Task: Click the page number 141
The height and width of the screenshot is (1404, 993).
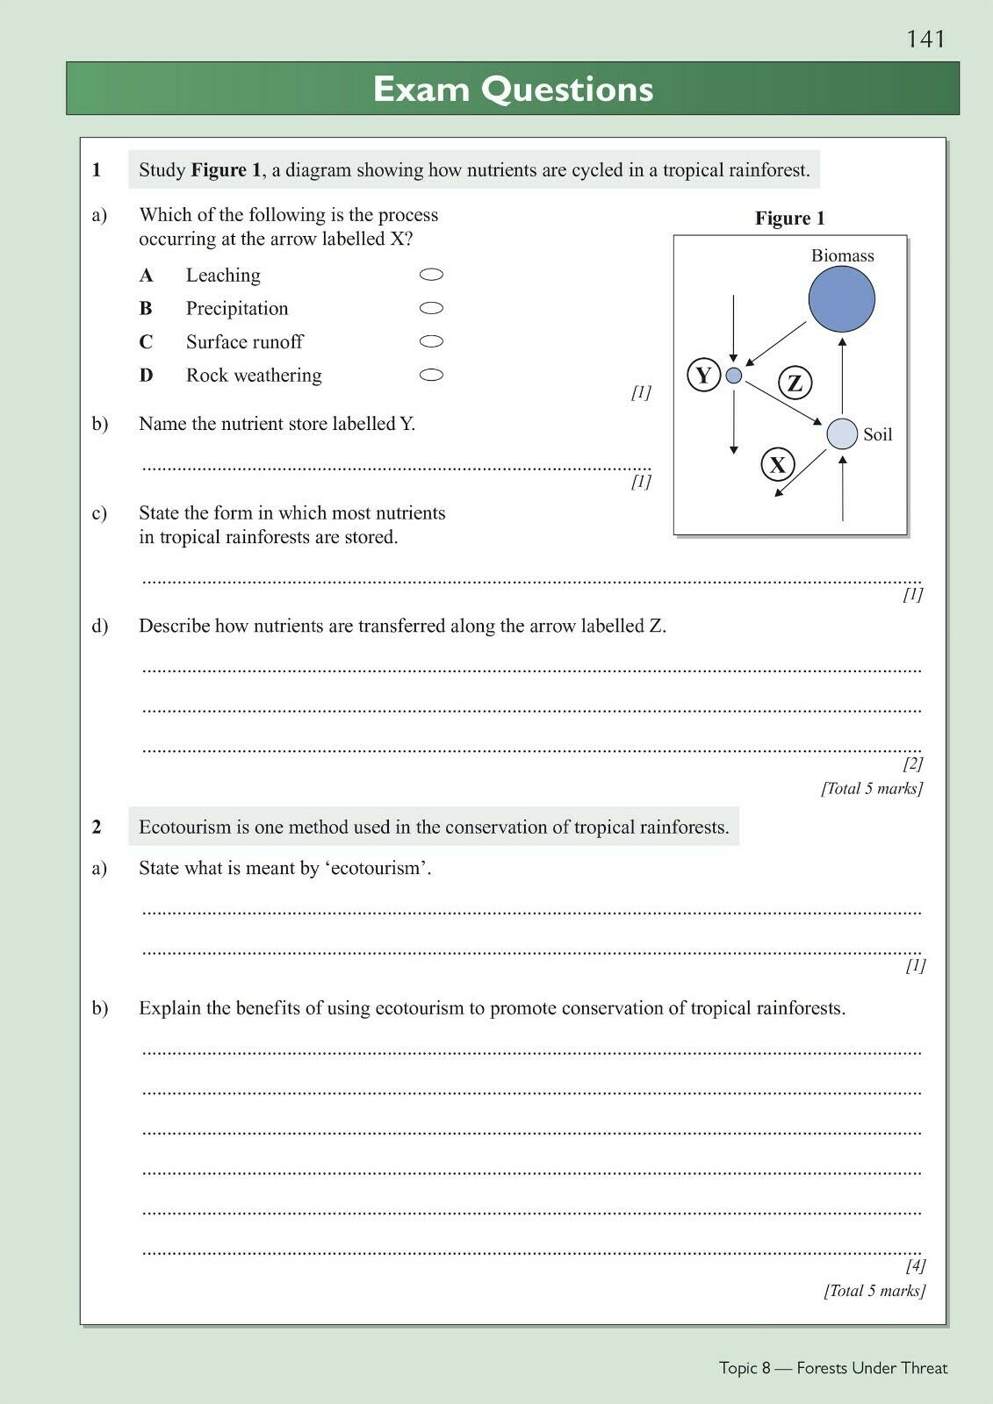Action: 925,39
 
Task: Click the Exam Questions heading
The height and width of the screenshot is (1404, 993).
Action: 513,90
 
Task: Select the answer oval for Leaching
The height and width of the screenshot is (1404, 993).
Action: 431,275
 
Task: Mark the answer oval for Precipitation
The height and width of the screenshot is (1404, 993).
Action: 431,308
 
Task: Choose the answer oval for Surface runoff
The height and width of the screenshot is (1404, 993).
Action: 431,341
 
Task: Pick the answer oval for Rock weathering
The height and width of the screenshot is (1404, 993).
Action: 431,375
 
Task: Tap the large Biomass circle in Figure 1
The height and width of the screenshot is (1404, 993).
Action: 841,298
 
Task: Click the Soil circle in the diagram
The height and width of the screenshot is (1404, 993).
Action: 842,433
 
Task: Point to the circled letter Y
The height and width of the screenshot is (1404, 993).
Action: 703,376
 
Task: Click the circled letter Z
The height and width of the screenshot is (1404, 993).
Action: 795,383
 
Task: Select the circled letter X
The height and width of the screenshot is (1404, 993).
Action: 777,464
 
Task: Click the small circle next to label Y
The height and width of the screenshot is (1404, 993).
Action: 734,376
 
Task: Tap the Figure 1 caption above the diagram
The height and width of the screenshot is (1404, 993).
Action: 789,218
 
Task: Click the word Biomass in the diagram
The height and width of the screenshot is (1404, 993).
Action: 842,255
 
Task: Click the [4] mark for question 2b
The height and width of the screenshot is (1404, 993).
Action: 916,1265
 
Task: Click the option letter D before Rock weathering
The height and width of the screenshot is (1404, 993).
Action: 146,376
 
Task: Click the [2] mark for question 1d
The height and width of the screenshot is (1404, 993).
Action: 913,763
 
